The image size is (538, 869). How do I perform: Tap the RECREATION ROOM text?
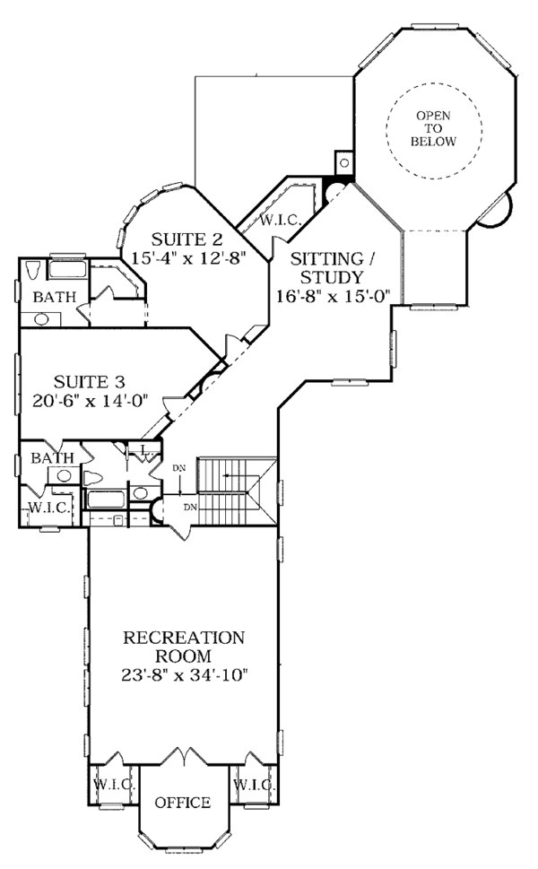coord(184,647)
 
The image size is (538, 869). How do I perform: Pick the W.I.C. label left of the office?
coord(114,785)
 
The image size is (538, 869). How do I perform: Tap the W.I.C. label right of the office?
coord(254,785)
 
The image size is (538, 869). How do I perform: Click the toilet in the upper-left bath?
coord(33,269)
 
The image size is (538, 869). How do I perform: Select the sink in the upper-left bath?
coord(41,317)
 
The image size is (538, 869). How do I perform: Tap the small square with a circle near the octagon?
coord(343,163)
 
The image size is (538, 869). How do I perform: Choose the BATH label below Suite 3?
coord(52,458)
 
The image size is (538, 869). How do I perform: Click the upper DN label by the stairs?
coord(179,467)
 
